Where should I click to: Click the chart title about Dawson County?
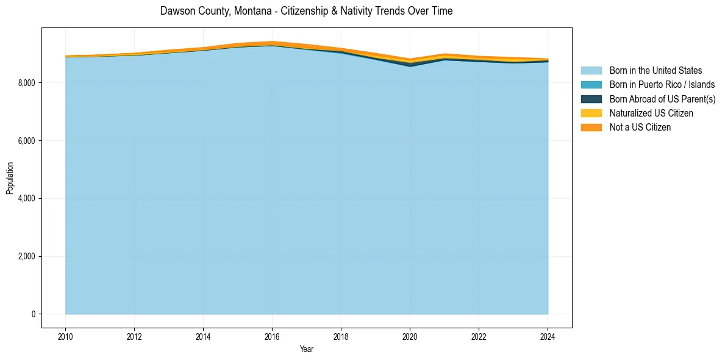[306, 11]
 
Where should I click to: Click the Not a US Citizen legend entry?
[640, 127]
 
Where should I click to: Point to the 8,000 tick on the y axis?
[28, 83]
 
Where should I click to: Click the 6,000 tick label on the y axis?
[28, 141]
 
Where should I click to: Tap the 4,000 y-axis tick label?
[28, 199]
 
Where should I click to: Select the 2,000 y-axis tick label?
[28, 256]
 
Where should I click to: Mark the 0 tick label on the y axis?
[34, 314]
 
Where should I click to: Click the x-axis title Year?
[307, 349]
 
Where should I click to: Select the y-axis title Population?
[10, 178]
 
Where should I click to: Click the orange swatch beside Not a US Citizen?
[591, 127]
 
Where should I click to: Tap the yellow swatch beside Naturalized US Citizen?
[591, 113]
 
